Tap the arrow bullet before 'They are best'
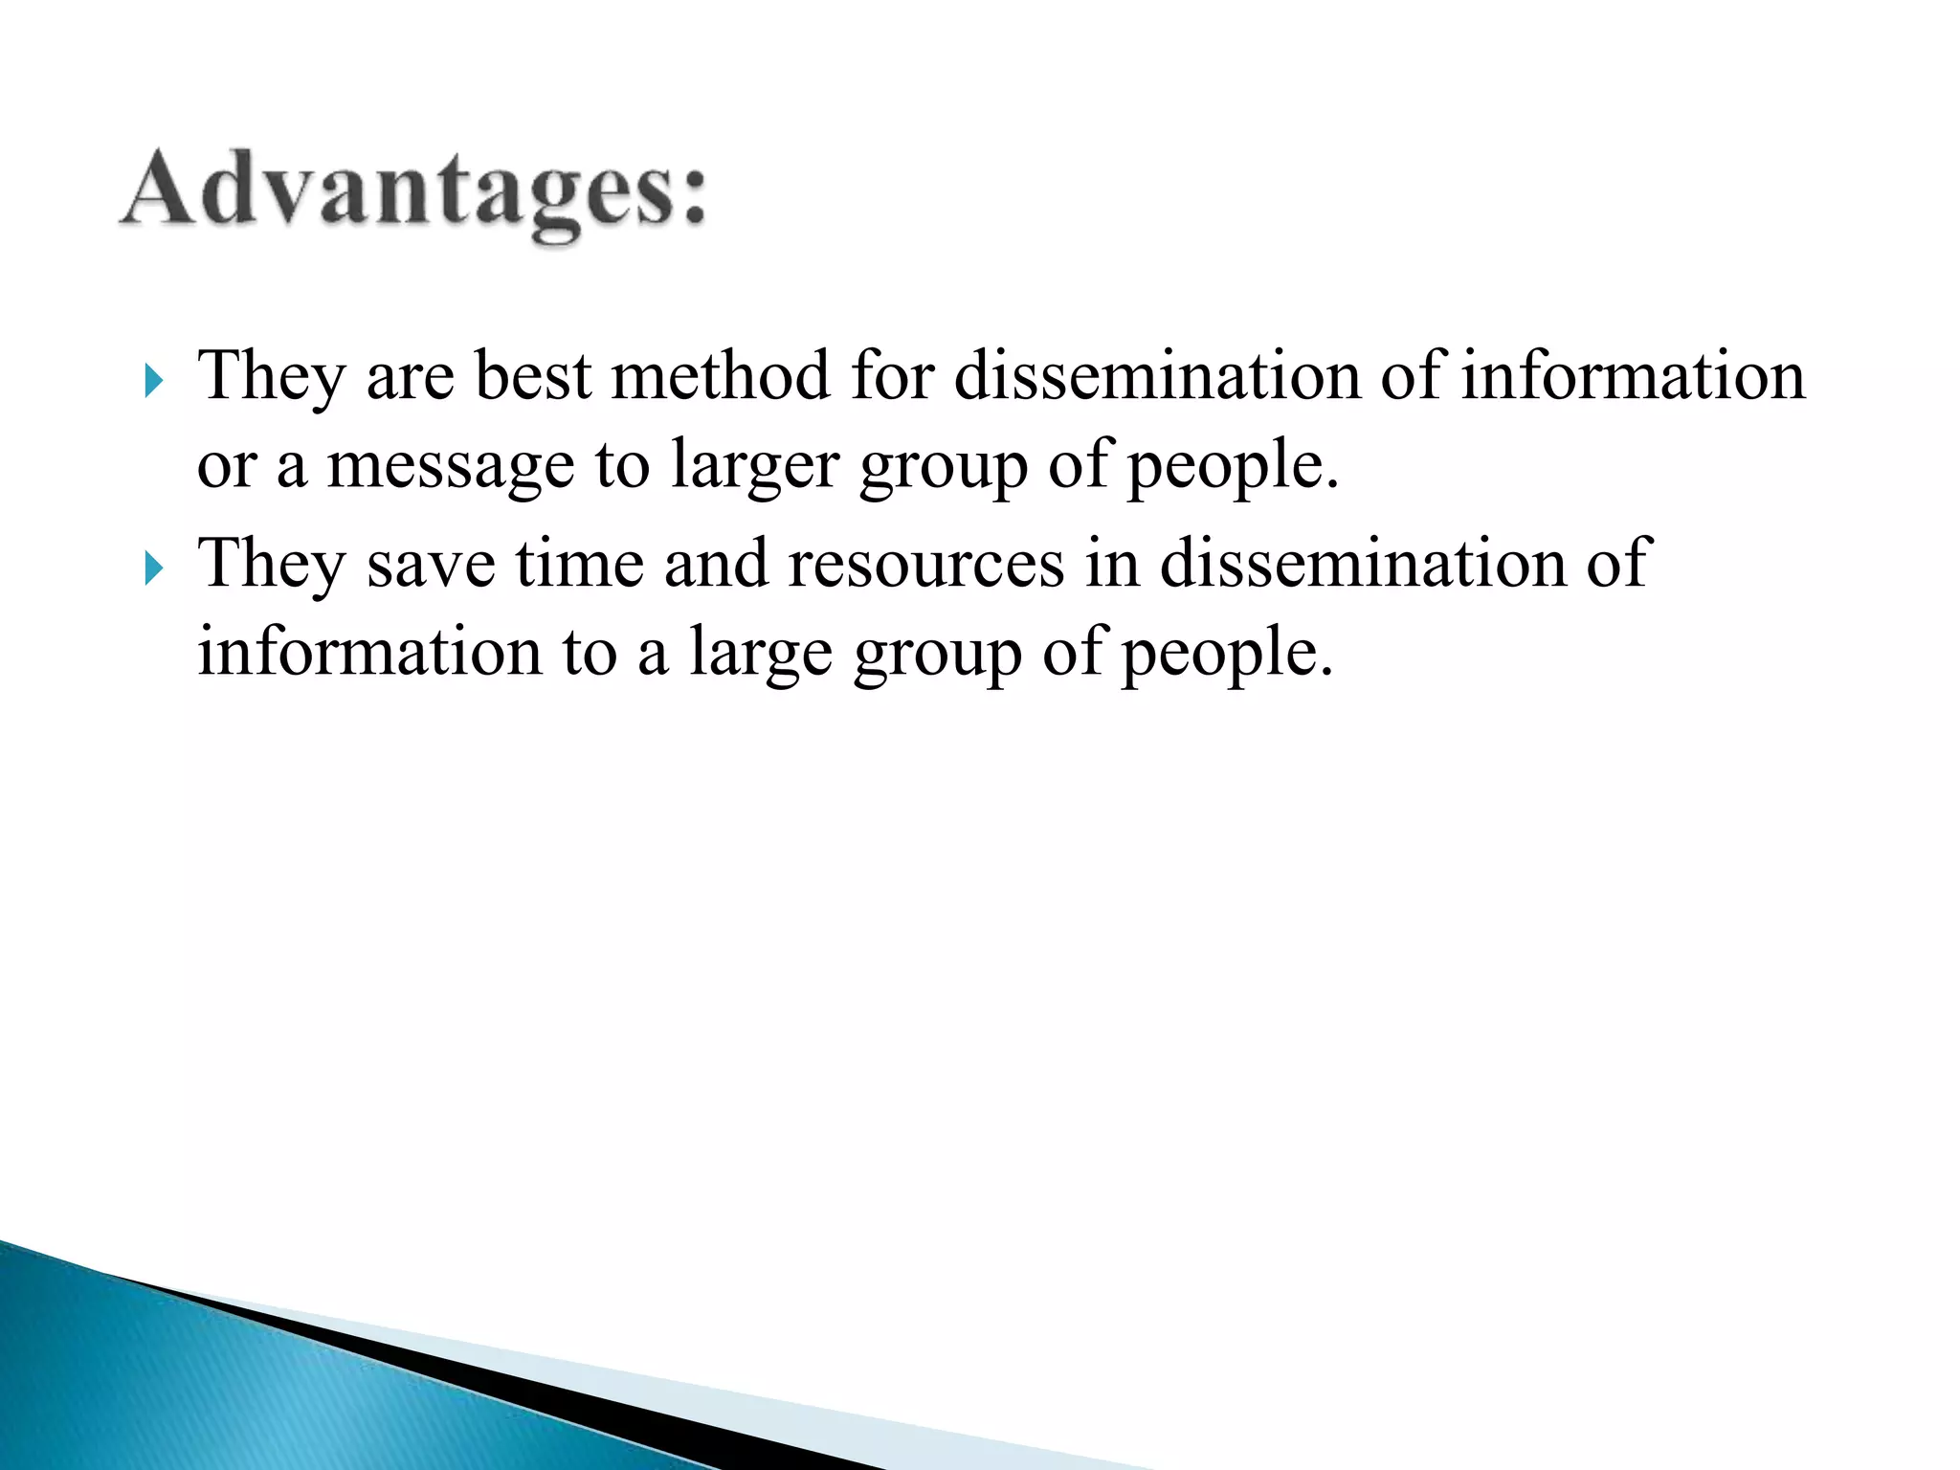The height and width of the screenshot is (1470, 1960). pos(153,383)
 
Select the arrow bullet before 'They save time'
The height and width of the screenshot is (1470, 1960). pos(153,570)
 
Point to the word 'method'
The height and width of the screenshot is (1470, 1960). pos(721,375)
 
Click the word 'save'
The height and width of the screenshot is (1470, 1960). pos(431,563)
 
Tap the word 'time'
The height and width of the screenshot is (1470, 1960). pos(579,563)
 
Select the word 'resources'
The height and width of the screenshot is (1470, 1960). pos(925,563)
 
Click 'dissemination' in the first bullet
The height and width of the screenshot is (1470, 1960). pos(1156,375)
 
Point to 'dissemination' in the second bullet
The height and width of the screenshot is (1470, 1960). pos(1362,563)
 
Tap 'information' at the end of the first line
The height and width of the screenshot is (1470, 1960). pos(1633,375)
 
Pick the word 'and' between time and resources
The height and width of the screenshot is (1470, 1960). pos(716,563)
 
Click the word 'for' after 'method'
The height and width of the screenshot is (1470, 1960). pos(892,375)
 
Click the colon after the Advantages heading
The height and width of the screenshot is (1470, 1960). pos(691,197)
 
